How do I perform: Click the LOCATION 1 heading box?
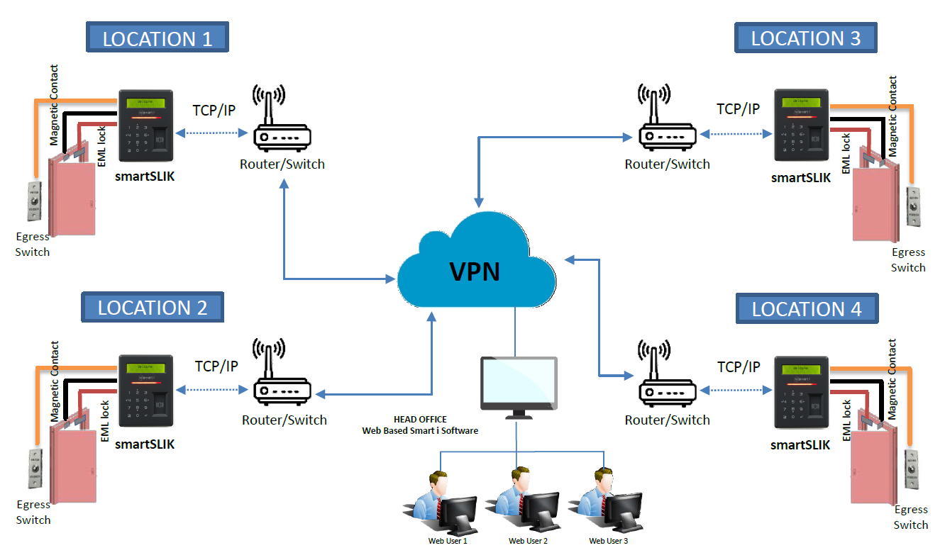[157, 38]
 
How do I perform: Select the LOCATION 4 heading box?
[807, 308]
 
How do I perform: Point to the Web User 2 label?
[528, 541]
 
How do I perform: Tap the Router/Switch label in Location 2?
[284, 420]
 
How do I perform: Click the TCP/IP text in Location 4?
[738, 366]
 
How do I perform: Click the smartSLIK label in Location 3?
[800, 178]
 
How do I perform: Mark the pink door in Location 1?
[72, 196]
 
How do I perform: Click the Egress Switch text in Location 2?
[33, 512]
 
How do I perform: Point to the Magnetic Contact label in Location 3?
[892, 116]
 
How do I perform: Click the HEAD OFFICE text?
[420, 420]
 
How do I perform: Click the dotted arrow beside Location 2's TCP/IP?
[213, 390]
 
